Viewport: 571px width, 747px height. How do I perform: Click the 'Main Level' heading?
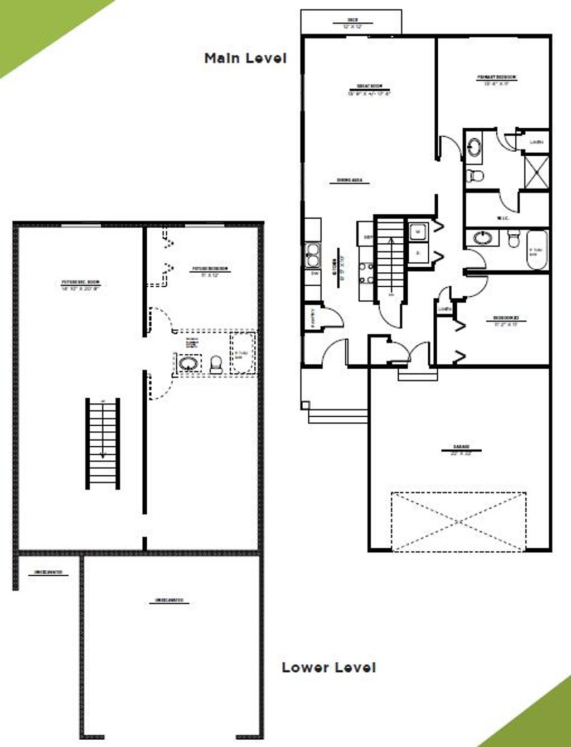click(x=245, y=58)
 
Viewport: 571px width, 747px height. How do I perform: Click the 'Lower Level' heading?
click(x=328, y=667)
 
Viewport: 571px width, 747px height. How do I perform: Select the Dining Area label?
click(x=353, y=181)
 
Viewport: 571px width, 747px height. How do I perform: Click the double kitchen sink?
click(x=312, y=256)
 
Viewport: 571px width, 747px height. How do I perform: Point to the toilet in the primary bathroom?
click(x=475, y=175)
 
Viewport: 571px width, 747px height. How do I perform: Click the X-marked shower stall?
click(x=536, y=172)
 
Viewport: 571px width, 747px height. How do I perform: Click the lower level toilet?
click(x=216, y=365)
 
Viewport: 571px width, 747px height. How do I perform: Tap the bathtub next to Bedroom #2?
click(x=536, y=251)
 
